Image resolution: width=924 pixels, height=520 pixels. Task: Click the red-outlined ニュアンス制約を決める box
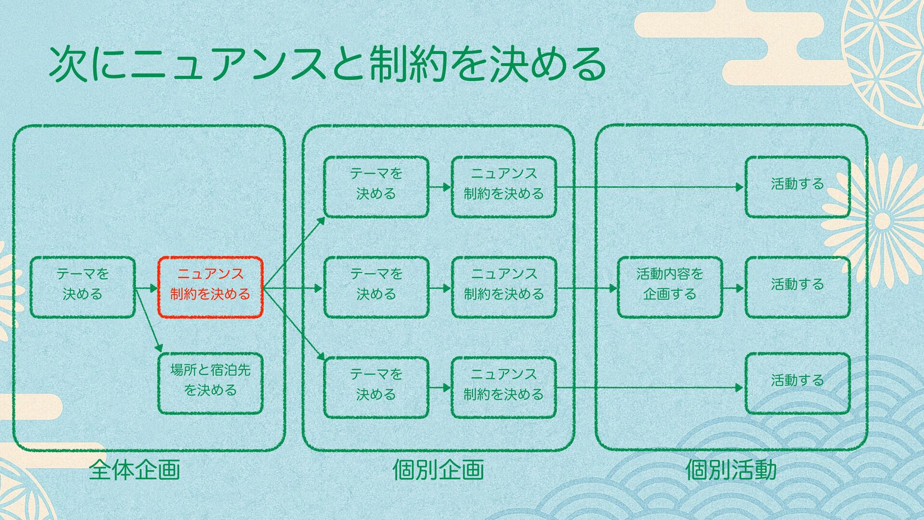(210, 287)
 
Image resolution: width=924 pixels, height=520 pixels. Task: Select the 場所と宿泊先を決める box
(210, 384)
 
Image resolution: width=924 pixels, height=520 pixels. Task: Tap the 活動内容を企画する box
(669, 287)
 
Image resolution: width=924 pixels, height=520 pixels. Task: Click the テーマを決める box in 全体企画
(82, 287)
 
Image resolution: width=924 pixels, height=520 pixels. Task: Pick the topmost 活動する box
(797, 187)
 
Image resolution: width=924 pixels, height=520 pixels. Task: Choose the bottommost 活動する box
(797, 384)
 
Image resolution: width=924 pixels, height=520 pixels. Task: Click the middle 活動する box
(797, 287)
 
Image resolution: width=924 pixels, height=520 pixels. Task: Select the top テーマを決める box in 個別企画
(376, 187)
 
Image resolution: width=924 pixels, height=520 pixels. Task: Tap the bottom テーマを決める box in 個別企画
(376, 388)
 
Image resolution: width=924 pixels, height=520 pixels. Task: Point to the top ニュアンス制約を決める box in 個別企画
(504, 187)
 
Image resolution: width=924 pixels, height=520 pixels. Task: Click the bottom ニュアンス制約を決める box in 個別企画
(504, 388)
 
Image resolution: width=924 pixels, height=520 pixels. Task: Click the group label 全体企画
(134, 470)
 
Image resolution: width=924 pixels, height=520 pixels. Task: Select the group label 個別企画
(438, 470)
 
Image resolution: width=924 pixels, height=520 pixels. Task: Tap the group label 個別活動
(731, 470)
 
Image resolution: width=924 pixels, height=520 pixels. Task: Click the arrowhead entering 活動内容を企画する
(613, 288)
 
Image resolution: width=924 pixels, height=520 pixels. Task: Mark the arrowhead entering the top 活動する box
(740, 187)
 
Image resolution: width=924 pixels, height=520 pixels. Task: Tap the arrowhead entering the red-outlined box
(154, 288)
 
